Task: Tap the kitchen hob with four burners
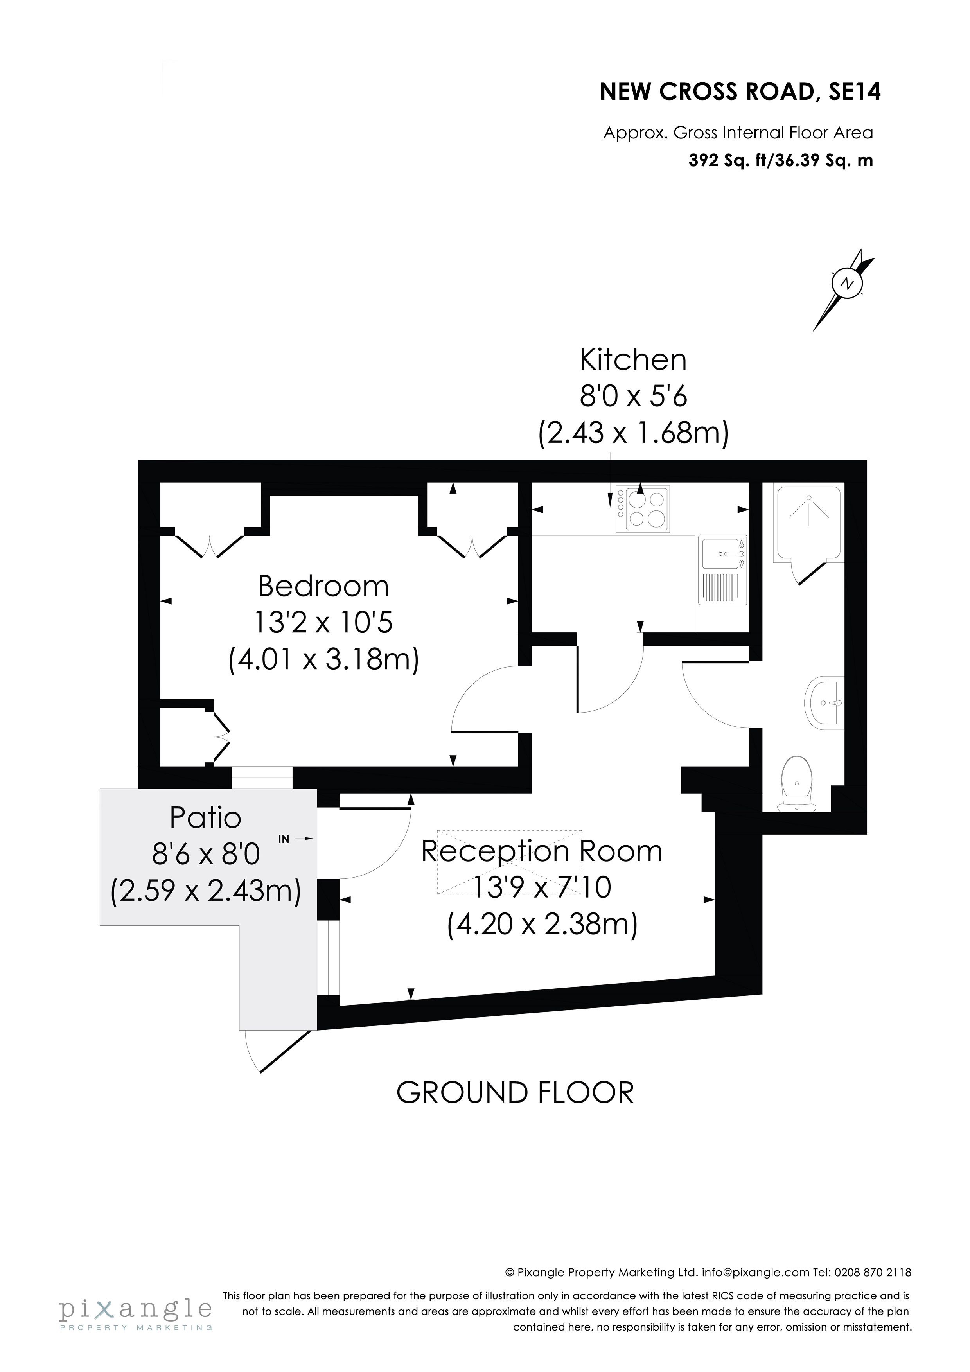643,509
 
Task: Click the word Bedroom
323,586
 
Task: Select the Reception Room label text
541,851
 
